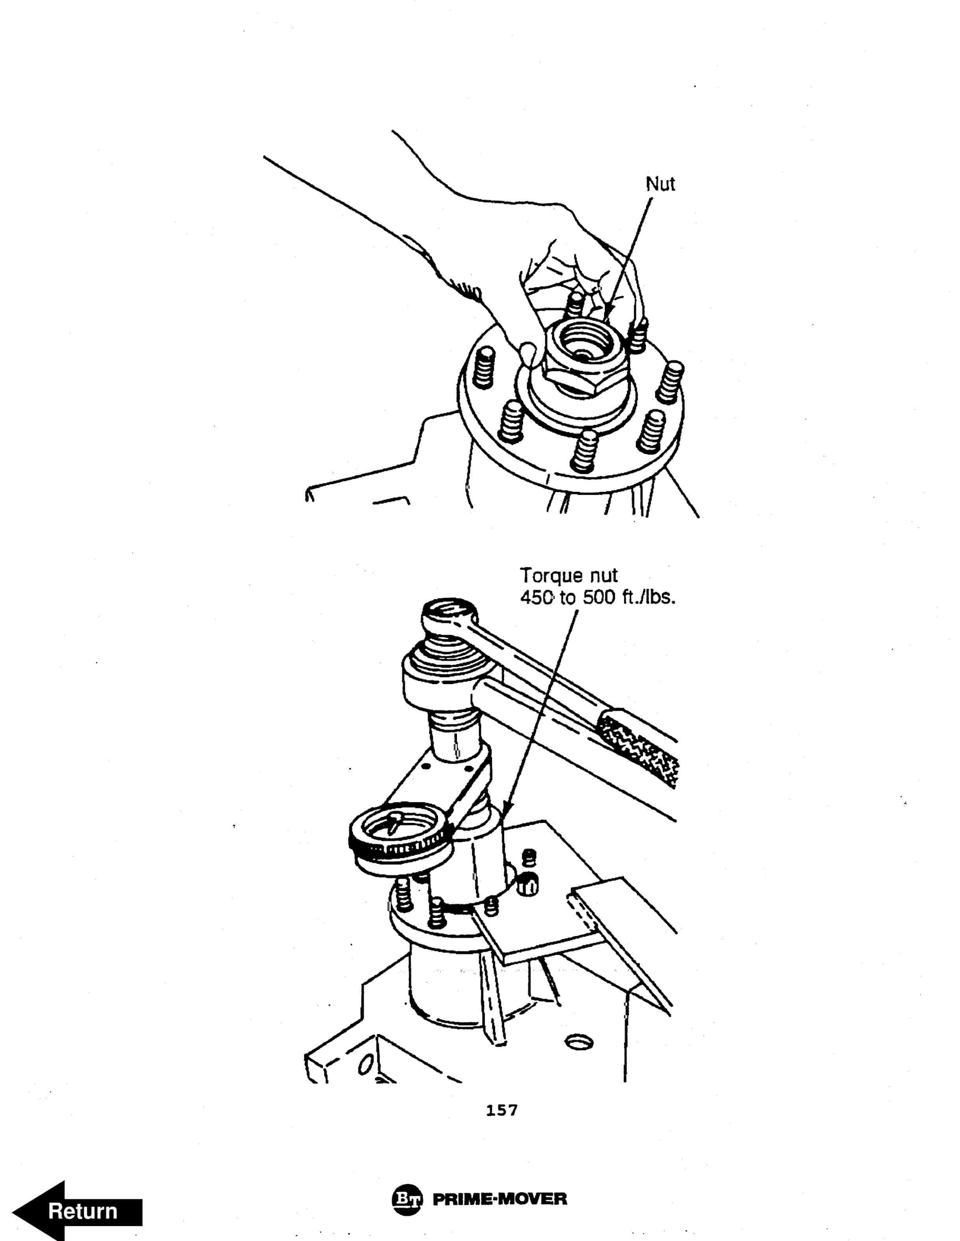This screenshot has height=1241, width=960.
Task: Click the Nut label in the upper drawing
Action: point(660,184)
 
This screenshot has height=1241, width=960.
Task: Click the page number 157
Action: point(501,1110)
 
